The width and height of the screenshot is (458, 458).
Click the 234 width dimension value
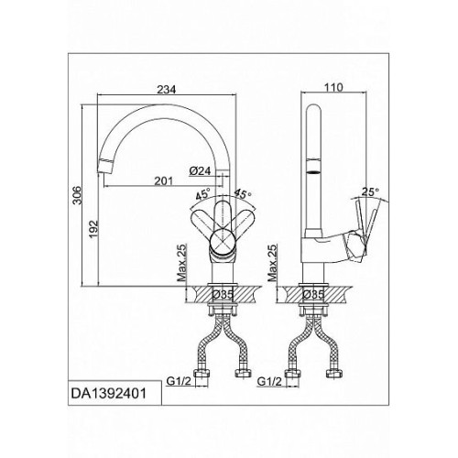pos(167,90)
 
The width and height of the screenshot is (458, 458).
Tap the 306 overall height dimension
pos(77,195)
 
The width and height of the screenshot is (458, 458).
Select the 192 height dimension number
pos(93,229)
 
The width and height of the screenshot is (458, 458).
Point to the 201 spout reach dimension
pos(163,181)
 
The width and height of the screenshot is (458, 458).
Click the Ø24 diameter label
pos(200,171)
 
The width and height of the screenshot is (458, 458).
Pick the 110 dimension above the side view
pos(333,88)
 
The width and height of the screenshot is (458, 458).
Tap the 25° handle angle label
pos(370,192)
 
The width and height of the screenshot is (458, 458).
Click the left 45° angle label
pos(203,194)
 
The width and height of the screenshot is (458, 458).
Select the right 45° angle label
pos(243,194)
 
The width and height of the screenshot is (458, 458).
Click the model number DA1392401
pos(109,394)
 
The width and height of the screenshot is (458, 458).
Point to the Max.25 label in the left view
pos(182,263)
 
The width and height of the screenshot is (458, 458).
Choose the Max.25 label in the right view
pos(272,263)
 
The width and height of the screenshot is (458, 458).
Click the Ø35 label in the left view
pos(223,295)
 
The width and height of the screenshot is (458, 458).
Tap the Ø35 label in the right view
pos(313,295)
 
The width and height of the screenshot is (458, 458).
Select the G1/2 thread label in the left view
pos(179,381)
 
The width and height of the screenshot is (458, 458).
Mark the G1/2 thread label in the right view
pos(269,381)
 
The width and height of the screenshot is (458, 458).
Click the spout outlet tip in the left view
pos(104,168)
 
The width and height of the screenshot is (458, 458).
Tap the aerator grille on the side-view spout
pos(313,172)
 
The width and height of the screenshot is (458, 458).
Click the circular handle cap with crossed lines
pos(223,241)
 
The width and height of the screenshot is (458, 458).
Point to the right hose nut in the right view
pos(334,373)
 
